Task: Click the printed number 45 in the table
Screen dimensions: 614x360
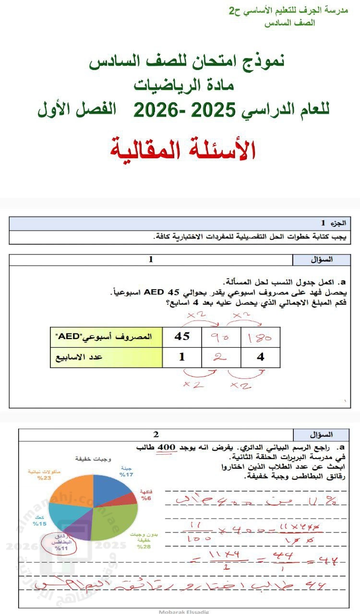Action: tap(182, 336)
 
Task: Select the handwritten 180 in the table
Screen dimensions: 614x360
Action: tap(260, 337)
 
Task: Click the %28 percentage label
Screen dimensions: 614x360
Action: tap(144, 546)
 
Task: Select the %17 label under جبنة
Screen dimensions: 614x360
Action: tap(127, 474)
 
